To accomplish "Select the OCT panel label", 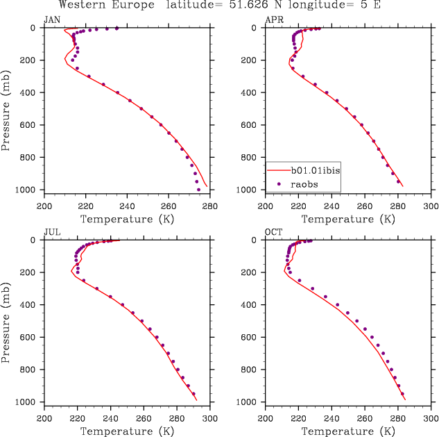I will tap(273, 232).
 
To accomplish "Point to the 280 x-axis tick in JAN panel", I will tap(210, 206).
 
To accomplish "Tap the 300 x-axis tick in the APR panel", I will tap(431, 206).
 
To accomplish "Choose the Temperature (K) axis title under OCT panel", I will tap(348, 431).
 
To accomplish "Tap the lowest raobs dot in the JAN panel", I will tap(198, 189).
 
